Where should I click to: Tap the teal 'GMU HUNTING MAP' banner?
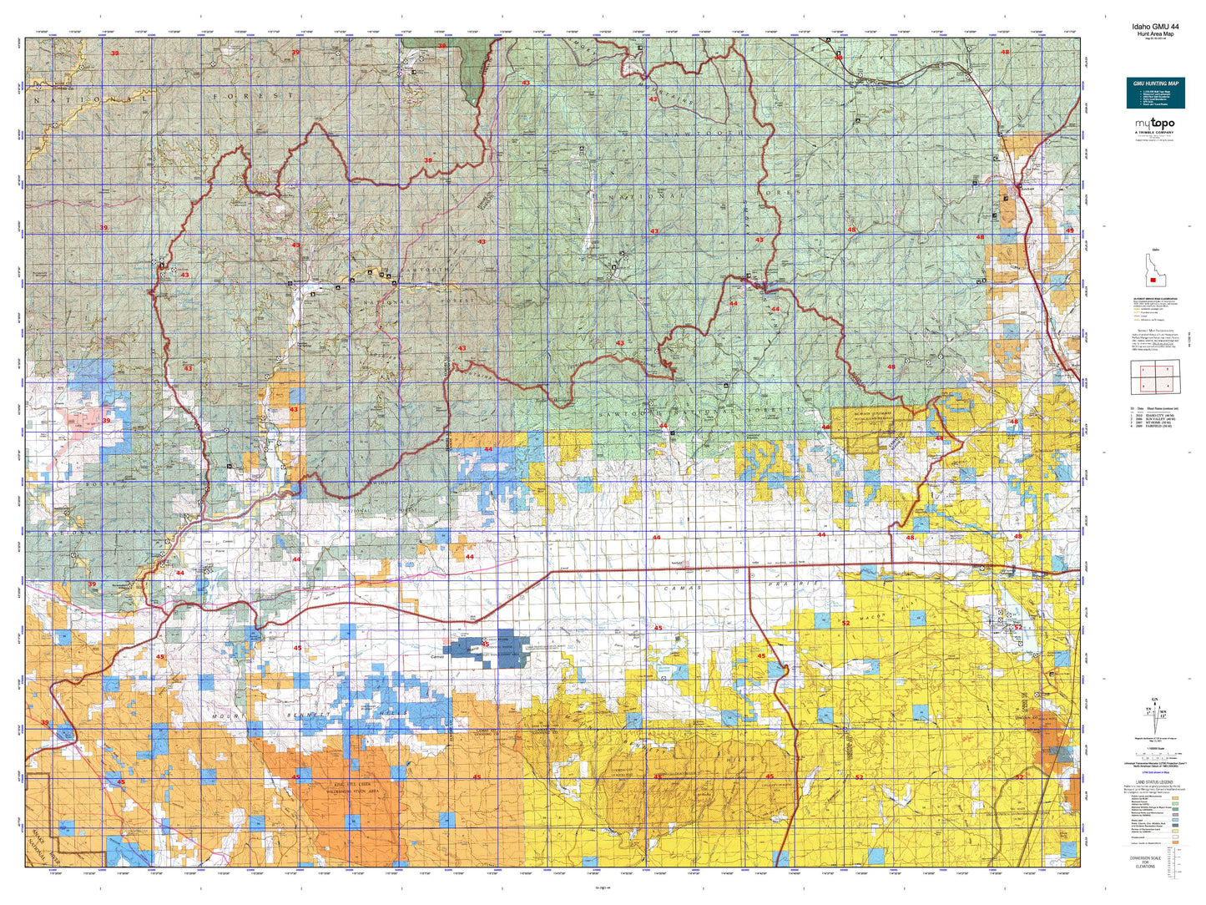[x=1155, y=84]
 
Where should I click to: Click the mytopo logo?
[x=1154, y=124]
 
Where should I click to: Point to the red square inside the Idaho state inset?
[x=1153, y=281]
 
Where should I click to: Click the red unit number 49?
[x=1069, y=230]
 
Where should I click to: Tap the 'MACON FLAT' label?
[x=910, y=605]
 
